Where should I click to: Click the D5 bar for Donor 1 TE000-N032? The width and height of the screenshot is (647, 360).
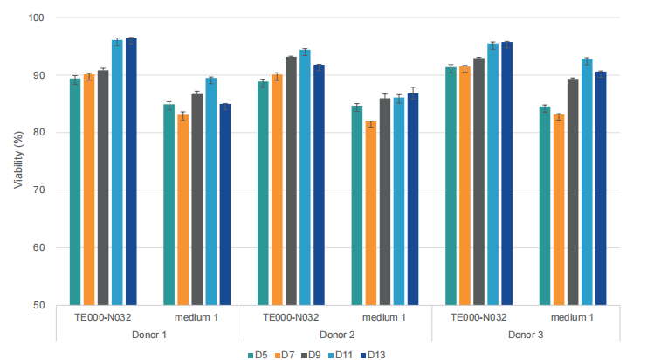[x=75, y=192]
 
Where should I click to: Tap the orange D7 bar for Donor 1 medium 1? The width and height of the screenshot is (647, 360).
[x=182, y=210]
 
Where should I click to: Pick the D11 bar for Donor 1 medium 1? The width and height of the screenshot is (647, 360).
[x=210, y=192]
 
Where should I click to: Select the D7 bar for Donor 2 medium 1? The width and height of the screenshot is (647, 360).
[x=370, y=213]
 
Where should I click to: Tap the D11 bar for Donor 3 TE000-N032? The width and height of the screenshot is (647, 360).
[x=492, y=175]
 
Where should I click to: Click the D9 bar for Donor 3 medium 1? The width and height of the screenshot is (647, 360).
[x=573, y=192]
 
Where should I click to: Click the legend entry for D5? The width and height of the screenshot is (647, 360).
[x=258, y=354]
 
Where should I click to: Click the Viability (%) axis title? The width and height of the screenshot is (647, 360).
[x=17, y=162]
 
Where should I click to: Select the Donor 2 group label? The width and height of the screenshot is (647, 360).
[x=337, y=335]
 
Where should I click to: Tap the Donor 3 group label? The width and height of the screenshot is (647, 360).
[x=526, y=335]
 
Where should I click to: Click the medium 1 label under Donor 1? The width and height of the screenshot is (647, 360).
[x=196, y=317]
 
